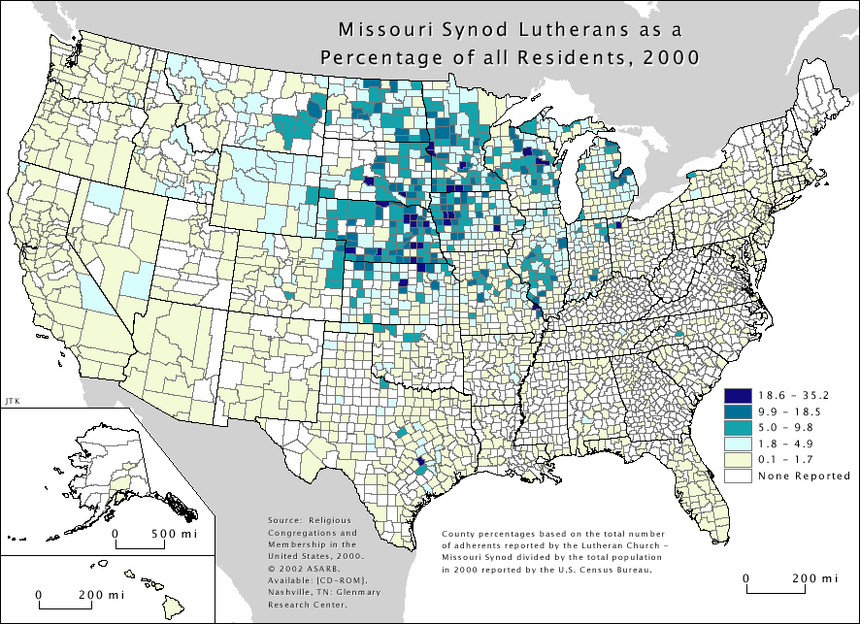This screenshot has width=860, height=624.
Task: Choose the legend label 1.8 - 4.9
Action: point(787,443)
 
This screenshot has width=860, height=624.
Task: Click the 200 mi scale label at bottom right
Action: point(810,578)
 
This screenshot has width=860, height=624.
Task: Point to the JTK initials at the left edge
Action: point(11,399)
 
